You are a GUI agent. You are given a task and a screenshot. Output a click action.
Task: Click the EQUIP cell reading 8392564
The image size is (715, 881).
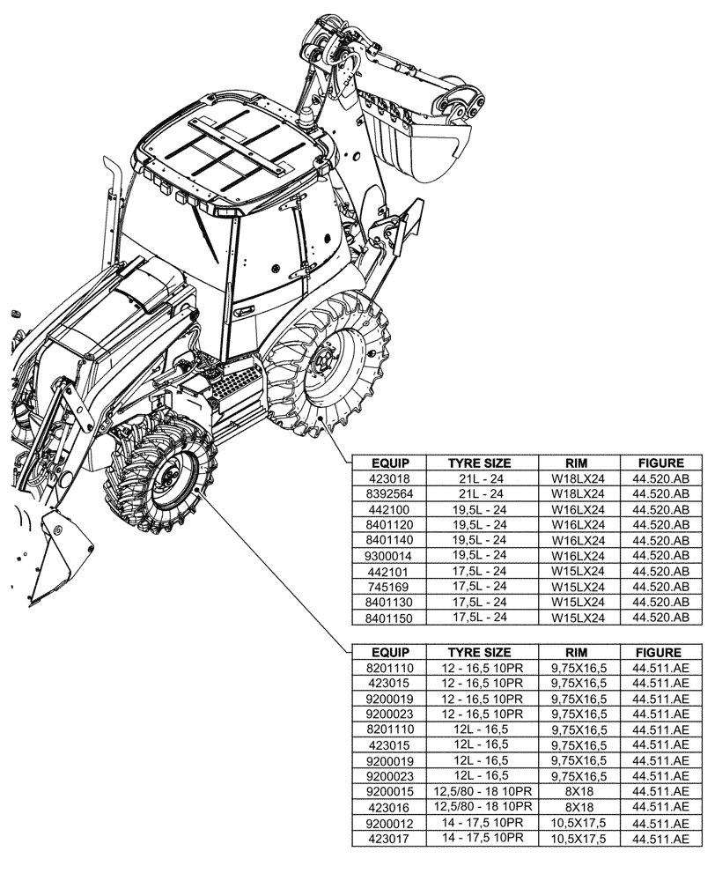388,493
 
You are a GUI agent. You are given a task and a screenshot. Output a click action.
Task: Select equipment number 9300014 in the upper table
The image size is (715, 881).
388,556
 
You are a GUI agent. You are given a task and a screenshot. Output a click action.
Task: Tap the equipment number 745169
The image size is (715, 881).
388,587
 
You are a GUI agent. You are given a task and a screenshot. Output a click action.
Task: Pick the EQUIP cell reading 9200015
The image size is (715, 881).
388,792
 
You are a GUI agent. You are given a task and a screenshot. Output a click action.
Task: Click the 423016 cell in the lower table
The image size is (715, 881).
388,807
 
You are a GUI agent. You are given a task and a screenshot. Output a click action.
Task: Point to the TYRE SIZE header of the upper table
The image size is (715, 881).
480,463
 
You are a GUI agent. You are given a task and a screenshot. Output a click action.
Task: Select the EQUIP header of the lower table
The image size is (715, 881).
388,653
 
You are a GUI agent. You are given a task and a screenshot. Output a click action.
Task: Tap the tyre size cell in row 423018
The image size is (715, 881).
480,478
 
